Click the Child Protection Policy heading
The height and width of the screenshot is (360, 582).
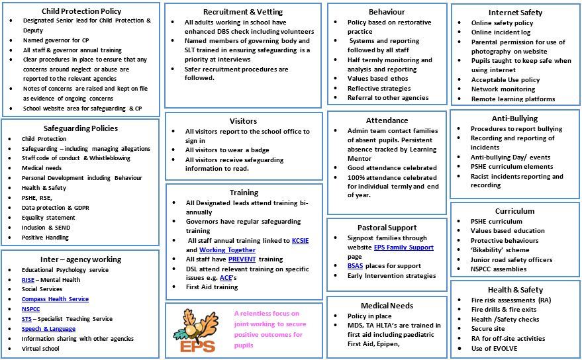pos(81,11)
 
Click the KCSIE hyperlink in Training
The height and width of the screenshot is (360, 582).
pos(301,240)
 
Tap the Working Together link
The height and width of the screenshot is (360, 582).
pos(227,250)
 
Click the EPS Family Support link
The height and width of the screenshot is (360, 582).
pos(403,247)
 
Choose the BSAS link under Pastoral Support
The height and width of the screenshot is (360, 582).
pos(356,266)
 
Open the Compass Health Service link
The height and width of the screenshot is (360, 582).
pos(55,299)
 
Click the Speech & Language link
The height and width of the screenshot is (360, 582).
pos(48,329)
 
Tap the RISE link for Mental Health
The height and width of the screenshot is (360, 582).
pos(28,280)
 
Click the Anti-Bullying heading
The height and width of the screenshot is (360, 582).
pos(514,118)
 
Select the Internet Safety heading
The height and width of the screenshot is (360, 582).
pos(514,12)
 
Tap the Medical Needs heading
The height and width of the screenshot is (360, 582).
pos(387,305)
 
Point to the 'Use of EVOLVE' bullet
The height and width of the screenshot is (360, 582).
pos(494,349)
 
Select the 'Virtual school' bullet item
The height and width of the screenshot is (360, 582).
pos(40,349)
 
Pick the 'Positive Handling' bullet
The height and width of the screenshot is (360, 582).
pos(45,238)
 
